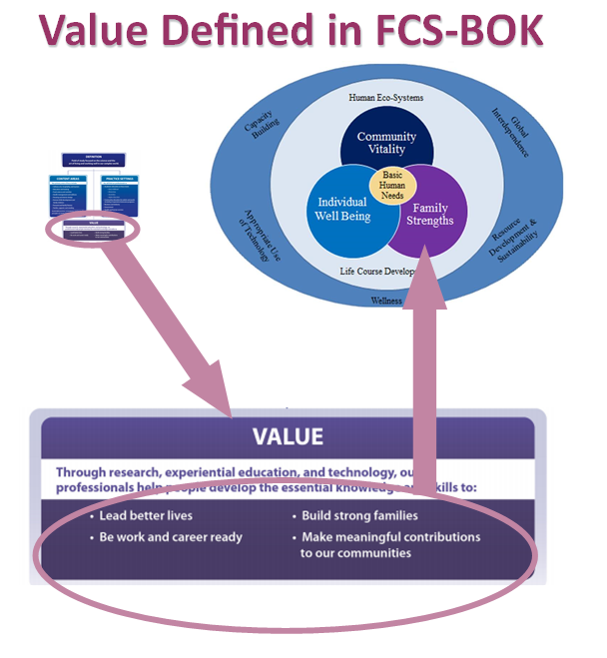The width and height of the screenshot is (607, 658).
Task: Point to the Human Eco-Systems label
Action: click(x=386, y=98)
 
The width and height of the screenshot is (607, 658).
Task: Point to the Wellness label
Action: click(x=386, y=300)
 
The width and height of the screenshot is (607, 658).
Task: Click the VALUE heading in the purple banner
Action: click(x=288, y=436)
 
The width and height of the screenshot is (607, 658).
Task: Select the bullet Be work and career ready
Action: click(x=171, y=537)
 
